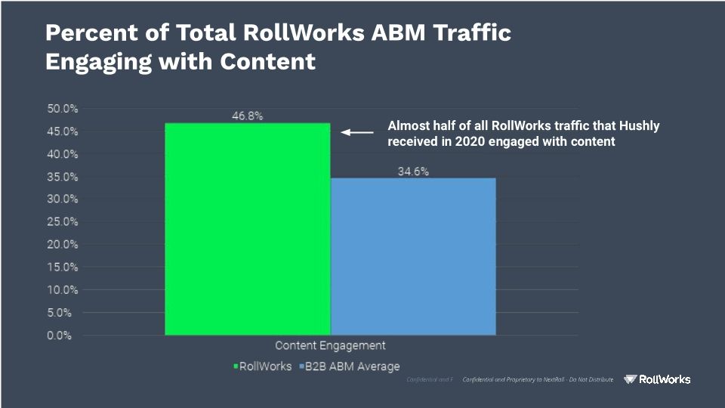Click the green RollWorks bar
[248, 229]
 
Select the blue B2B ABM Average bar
[413, 257]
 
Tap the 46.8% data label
[248, 116]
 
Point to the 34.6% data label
[413, 172]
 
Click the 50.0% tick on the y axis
[62, 109]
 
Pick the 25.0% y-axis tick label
[62, 222]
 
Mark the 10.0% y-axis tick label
[62, 290]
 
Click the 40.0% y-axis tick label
[62, 154]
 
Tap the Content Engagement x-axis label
[330, 345]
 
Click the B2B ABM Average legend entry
[351, 366]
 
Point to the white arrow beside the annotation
[357, 132]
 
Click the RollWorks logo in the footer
[657, 379]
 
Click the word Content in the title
[268, 62]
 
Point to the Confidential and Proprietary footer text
[538, 379]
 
